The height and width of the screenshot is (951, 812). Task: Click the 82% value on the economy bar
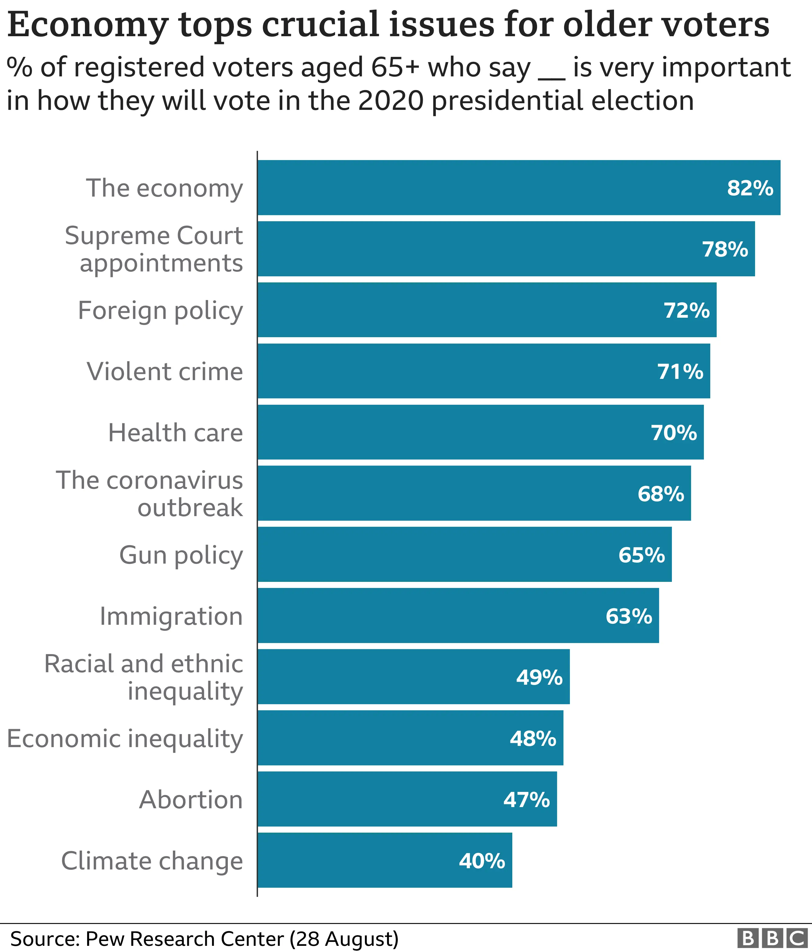coord(750,188)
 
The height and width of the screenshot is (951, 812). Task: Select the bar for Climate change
coord(385,861)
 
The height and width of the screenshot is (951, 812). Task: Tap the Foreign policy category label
coord(160,311)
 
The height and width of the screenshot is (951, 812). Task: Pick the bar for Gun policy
coord(464,555)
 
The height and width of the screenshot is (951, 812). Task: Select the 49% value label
coord(539,677)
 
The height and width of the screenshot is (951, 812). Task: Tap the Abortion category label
coord(191,799)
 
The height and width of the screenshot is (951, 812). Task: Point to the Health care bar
coord(480,432)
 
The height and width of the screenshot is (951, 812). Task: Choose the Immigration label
coord(171,616)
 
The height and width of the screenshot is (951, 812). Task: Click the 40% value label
coord(482,861)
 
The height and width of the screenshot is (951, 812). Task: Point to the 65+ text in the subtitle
coord(395,68)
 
